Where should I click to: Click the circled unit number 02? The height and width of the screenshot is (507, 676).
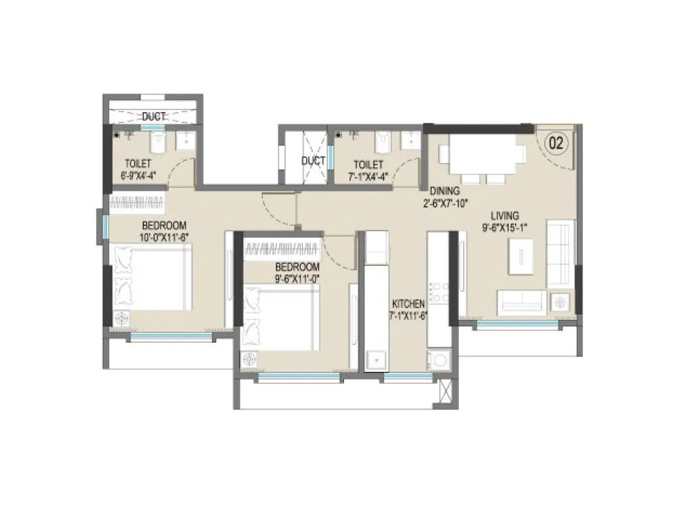tap(556, 143)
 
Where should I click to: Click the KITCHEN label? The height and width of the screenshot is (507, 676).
tap(407, 304)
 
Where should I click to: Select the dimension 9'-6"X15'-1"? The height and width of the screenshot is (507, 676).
tap(504, 228)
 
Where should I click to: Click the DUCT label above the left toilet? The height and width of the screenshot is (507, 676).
tap(153, 116)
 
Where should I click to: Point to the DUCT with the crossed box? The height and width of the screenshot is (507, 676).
tap(313, 160)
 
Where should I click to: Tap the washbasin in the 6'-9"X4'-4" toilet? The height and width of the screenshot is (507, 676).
tap(185, 140)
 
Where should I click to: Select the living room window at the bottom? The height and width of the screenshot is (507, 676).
tap(518, 324)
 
